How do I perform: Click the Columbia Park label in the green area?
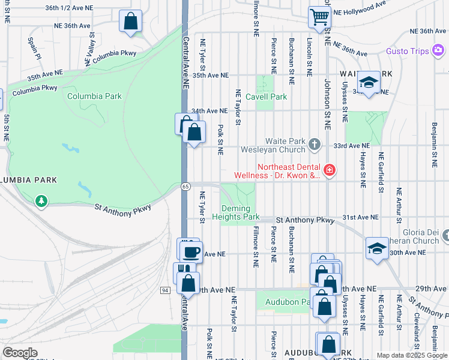tap(94, 96)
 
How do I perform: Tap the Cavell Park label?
tap(271, 97)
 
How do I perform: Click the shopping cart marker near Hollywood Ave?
tap(319, 17)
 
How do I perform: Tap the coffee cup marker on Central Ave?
tap(191, 252)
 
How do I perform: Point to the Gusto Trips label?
tap(407, 52)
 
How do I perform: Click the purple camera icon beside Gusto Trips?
tap(439, 52)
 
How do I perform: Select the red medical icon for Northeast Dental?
tap(329, 171)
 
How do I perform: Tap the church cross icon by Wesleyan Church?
tap(314, 145)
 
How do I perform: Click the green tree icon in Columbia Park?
tap(41, 200)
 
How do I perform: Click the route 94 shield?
tap(164, 290)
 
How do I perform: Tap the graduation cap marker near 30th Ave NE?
tap(376, 248)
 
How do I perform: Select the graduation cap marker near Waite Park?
tap(368, 82)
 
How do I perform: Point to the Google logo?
tap(20, 353)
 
